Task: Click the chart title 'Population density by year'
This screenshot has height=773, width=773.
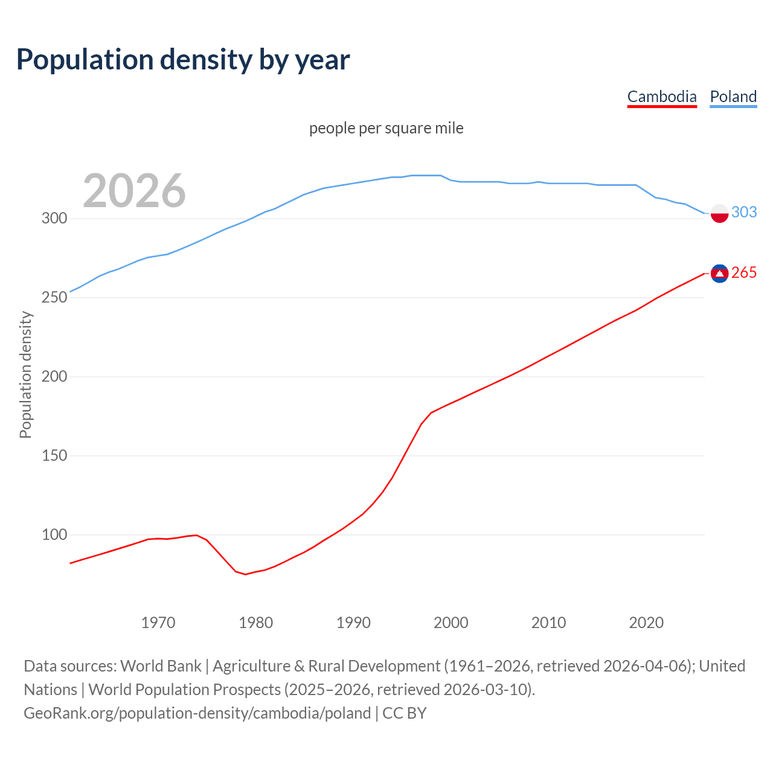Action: click(183, 59)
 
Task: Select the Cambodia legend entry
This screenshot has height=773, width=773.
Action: click(662, 97)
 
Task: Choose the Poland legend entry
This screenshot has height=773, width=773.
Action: click(733, 97)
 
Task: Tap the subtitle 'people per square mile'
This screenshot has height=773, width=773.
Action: click(386, 128)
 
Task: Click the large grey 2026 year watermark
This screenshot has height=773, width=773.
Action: click(134, 191)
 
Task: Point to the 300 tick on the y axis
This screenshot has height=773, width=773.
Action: click(54, 219)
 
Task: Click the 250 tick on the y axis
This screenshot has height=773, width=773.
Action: click(54, 298)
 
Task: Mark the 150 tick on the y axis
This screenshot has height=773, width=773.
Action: click(54, 456)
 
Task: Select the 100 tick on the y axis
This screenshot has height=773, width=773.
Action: click(54, 535)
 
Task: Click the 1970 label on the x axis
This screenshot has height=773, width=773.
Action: click(158, 623)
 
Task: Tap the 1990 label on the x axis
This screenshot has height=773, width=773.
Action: click(353, 623)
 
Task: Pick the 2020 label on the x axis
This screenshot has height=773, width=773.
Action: click(646, 623)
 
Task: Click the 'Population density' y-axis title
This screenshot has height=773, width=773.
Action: click(25, 374)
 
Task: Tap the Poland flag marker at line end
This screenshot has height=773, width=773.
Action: click(719, 213)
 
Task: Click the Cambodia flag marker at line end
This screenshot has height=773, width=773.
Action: click(719, 274)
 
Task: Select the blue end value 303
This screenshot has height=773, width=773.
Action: click(744, 212)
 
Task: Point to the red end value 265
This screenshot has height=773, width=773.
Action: click(744, 273)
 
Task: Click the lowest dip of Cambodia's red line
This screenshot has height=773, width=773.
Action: click(245, 574)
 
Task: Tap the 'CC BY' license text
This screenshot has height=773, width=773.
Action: click(405, 713)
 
